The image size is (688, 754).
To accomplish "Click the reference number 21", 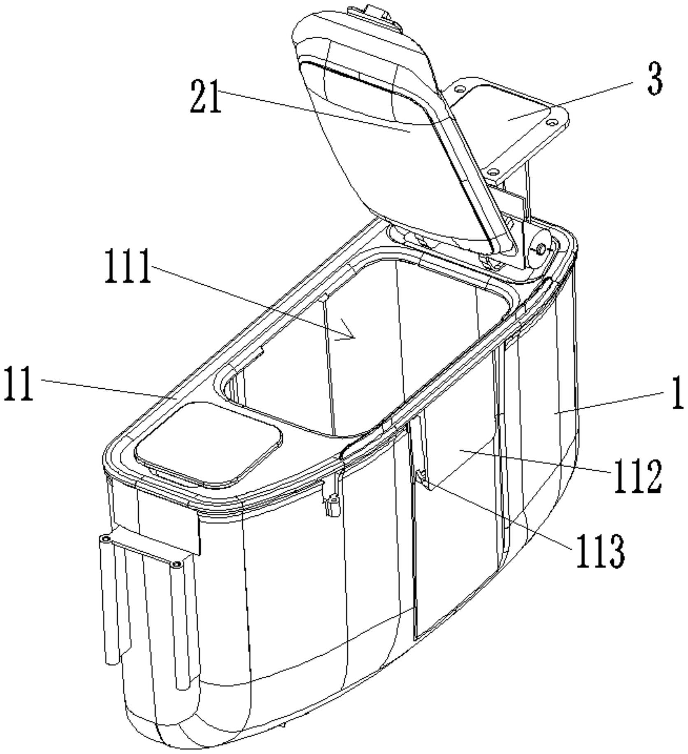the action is (x=206, y=96).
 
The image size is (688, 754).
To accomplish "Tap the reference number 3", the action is (x=655, y=79).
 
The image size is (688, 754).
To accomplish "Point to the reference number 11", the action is (x=19, y=383).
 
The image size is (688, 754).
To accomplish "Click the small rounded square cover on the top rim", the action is (x=208, y=444).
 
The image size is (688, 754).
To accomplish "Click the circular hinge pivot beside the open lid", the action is (x=540, y=249).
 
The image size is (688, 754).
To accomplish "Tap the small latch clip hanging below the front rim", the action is (x=332, y=500).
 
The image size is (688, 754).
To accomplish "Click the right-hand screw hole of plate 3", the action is (x=551, y=122).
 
